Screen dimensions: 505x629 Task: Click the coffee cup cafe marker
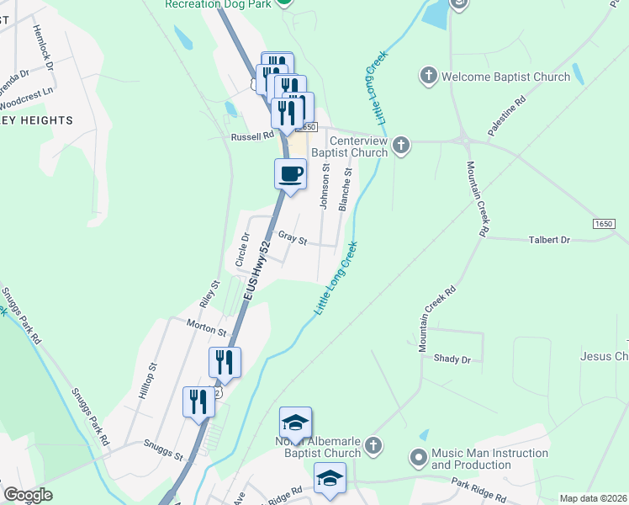click(x=290, y=174)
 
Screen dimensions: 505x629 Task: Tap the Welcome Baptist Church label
click(x=505, y=77)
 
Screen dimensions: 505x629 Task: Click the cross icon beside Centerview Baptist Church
click(x=401, y=146)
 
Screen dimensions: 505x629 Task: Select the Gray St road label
click(x=293, y=240)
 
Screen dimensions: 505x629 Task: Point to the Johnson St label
click(x=324, y=188)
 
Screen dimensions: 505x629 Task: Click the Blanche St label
click(x=344, y=189)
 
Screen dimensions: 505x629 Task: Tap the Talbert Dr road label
click(x=549, y=240)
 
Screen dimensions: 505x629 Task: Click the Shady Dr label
click(x=452, y=359)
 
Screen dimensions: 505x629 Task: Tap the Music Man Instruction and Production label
click(x=471, y=459)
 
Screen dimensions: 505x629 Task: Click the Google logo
click(x=28, y=495)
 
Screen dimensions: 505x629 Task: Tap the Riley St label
click(x=209, y=295)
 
